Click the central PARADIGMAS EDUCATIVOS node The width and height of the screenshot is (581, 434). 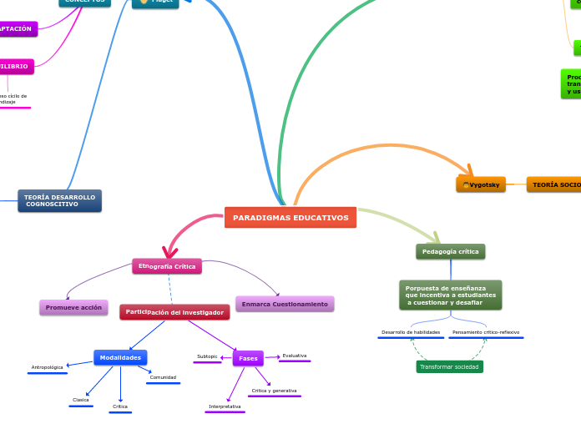290,218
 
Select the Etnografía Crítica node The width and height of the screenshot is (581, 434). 167,266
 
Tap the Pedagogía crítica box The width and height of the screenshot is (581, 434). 450,251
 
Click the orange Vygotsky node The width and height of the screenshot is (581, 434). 481,184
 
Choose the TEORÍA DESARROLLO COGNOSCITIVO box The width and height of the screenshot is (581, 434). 59,201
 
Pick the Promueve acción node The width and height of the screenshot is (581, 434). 73,307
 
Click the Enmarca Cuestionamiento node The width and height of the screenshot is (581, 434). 285,304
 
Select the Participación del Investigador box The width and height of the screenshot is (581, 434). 174,312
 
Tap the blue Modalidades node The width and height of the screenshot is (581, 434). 120,357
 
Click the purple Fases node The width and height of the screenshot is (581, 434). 248,358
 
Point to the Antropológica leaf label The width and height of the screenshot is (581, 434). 47,367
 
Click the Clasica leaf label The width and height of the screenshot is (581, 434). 81,400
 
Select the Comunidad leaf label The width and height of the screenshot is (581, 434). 163,377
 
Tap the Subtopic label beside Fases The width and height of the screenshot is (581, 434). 207,356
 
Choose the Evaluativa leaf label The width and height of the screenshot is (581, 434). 294,356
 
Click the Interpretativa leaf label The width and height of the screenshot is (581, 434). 225,406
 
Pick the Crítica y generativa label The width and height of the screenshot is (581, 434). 274,391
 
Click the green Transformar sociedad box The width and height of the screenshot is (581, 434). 449,366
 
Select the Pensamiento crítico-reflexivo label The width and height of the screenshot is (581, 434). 486,332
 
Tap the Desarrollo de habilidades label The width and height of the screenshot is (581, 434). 411,332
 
